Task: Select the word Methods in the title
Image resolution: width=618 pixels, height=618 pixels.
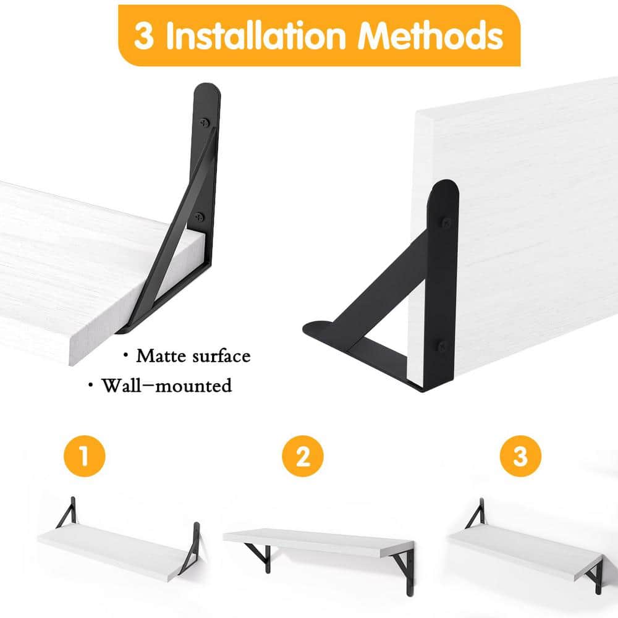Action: coord(431,36)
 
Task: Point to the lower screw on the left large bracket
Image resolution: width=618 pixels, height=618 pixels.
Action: coord(200,216)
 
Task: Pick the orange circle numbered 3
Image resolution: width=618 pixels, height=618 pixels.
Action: coord(520,457)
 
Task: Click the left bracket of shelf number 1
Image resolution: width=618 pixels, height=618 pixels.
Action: coord(66,513)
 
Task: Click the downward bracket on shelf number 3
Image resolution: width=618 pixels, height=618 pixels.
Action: coord(594,575)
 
